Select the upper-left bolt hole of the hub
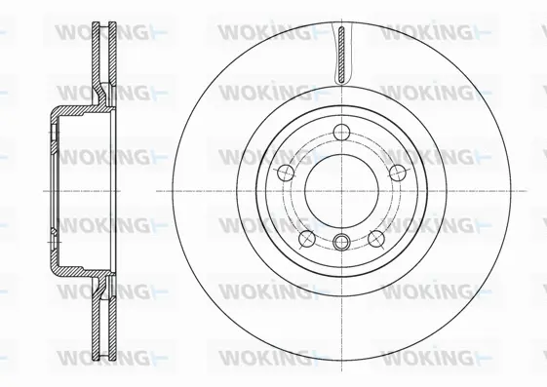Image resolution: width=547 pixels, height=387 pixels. [x=284, y=173]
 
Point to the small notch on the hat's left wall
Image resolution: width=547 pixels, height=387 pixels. [x=51, y=230]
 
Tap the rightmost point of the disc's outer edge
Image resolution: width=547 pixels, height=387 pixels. [x=512, y=191]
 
